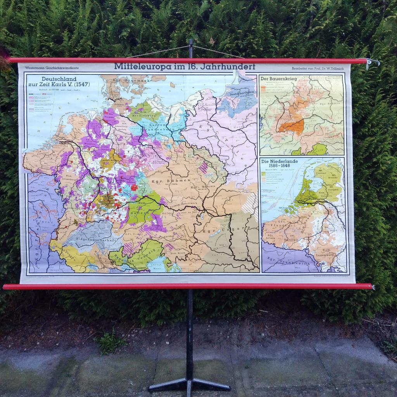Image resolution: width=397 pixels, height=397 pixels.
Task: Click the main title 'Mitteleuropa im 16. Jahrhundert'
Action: coord(185,67)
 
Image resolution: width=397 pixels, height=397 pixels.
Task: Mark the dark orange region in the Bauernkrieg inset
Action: coord(292,126)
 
